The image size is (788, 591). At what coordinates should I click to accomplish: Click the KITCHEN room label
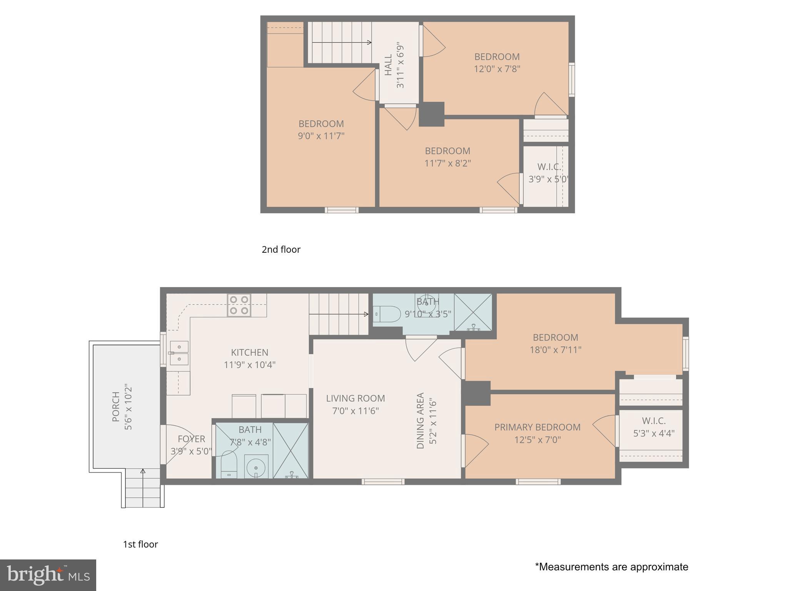click(249, 352)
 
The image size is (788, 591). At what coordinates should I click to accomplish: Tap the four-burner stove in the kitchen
click(239, 305)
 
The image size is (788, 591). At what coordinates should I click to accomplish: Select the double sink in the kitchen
click(179, 353)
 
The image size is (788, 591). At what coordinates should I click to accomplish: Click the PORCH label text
click(116, 406)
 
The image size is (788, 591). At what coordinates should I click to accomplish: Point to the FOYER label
click(191, 439)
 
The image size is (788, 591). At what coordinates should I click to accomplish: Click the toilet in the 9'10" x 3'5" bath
click(387, 314)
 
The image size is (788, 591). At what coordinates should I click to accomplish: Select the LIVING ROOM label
click(355, 398)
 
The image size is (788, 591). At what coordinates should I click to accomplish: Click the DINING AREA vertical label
click(420, 420)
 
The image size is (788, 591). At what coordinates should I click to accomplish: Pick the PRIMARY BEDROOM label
click(537, 427)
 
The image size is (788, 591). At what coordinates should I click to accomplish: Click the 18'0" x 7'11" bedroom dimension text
click(555, 350)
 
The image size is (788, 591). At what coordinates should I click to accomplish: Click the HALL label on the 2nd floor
click(388, 65)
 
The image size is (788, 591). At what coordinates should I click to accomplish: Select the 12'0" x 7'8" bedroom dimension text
click(497, 69)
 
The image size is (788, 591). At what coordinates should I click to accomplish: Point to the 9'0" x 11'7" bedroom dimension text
click(321, 136)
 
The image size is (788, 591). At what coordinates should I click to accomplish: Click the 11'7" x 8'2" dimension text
click(447, 163)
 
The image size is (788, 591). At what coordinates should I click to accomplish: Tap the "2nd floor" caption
click(281, 250)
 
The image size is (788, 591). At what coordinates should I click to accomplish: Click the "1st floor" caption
click(140, 544)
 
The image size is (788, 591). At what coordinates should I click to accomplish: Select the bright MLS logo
click(48, 575)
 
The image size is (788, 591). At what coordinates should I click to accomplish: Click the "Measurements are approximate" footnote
click(611, 567)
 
